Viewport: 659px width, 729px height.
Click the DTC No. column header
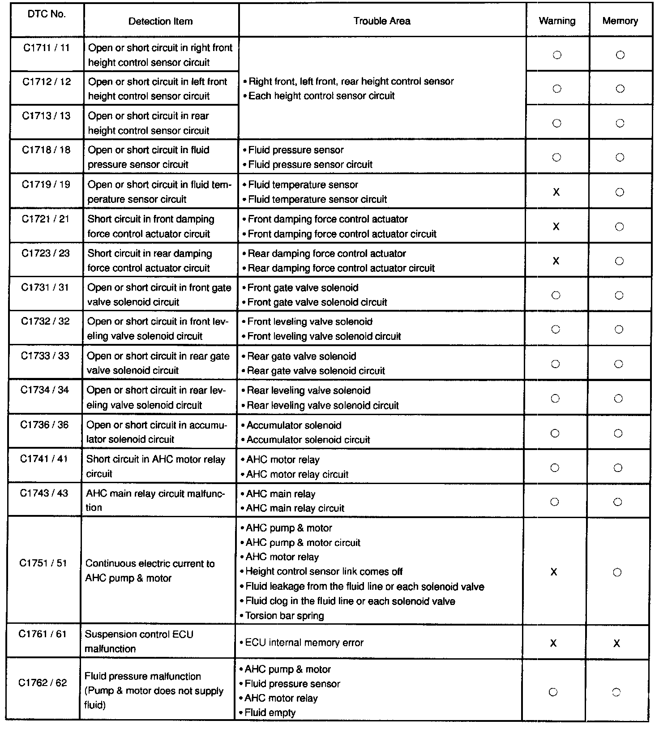(x=47, y=14)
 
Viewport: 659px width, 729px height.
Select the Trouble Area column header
(x=381, y=21)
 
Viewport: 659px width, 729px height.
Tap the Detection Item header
(x=160, y=21)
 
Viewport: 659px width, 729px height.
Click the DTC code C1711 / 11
(x=47, y=47)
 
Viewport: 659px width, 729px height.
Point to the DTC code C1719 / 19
(x=46, y=184)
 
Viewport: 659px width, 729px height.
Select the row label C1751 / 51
(x=43, y=563)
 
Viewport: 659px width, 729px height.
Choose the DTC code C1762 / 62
(x=43, y=683)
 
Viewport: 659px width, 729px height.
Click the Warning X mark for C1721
(x=556, y=227)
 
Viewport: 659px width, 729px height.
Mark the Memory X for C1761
(x=617, y=643)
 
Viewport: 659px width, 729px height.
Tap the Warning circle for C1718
(x=556, y=158)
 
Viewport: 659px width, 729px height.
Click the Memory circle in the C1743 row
(x=618, y=502)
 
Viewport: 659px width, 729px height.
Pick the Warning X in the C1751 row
(x=554, y=572)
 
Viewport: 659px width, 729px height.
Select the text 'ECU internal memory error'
(x=304, y=643)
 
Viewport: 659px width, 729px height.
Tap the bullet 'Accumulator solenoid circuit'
(x=308, y=440)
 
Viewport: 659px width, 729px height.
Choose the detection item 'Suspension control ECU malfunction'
(x=139, y=641)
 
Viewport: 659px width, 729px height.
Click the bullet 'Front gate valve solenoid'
(x=303, y=287)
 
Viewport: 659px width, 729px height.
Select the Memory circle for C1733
(x=619, y=364)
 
